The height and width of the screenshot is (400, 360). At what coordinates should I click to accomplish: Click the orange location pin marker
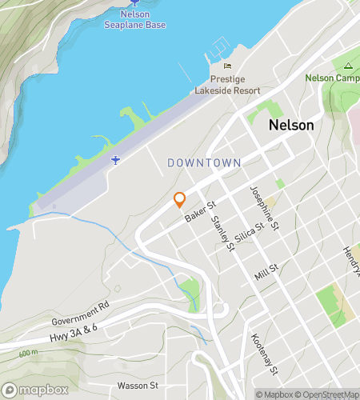(179, 200)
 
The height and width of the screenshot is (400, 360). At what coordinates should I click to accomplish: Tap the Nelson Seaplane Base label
(135, 20)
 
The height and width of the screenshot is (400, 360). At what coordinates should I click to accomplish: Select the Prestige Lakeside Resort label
(228, 85)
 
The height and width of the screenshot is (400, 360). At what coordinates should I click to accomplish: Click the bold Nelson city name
(291, 126)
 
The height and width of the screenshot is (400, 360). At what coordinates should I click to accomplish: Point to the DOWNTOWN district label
(204, 162)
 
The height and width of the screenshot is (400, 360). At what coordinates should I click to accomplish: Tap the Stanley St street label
(222, 232)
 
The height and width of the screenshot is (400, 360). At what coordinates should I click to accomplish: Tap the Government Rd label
(80, 313)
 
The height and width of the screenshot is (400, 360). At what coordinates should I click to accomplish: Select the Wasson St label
(140, 386)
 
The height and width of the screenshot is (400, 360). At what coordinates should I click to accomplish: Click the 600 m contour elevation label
(28, 353)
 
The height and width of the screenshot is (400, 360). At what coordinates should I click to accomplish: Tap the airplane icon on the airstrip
(116, 160)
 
